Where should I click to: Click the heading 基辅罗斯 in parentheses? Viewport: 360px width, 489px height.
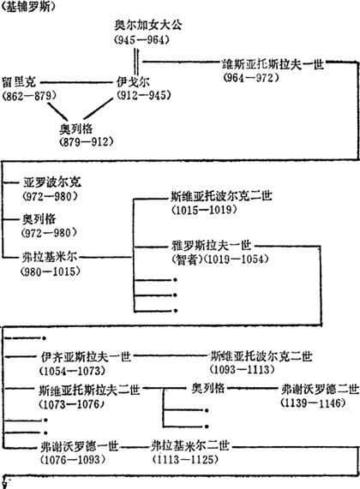point(28,7)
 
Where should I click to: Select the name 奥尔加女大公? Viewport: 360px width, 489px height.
point(148,25)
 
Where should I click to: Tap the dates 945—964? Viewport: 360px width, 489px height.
point(141,39)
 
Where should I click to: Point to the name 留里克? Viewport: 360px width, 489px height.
point(19,82)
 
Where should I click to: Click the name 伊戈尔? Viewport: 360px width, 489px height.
point(133,81)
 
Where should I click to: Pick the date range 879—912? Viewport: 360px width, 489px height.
point(87,142)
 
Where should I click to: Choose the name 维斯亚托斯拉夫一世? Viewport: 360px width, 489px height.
point(273,64)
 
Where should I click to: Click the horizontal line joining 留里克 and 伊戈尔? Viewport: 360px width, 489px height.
point(76,83)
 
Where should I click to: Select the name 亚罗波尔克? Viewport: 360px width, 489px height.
point(51,182)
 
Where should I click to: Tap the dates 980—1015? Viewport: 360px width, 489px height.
point(51,271)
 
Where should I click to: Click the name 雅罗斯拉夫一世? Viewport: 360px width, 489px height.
point(212,246)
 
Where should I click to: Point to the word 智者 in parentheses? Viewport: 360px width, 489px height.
point(186,259)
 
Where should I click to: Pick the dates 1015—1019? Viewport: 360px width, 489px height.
point(204,210)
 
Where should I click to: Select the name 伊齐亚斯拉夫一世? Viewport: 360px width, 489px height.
point(86,357)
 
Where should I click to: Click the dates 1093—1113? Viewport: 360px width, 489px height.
point(243,370)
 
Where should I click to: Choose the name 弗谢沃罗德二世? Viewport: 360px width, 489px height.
point(320,390)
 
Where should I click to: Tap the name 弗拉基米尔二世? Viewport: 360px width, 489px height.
point(190,446)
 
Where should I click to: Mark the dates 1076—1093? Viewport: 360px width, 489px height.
point(72,460)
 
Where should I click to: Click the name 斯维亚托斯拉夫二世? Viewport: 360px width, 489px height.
point(89,391)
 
